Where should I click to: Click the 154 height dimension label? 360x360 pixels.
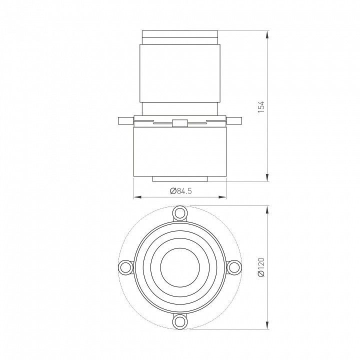pyautogui.click(x=261, y=106)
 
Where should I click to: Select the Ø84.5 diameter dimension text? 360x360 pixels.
pyautogui.click(x=181, y=191)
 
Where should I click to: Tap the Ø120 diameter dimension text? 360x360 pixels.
pyautogui.click(x=261, y=267)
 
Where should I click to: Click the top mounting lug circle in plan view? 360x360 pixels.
pyautogui.click(x=180, y=213)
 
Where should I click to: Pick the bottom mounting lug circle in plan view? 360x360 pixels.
pyautogui.click(x=180, y=321)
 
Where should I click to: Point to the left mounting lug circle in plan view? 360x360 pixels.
pyautogui.click(x=126, y=267)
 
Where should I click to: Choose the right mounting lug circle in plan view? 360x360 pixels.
pyautogui.click(x=233, y=267)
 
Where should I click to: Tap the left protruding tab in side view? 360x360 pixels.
pyautogui.click(x=126, y=121)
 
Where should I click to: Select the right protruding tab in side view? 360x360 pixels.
pyautogui.click(x=234, y=121)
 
